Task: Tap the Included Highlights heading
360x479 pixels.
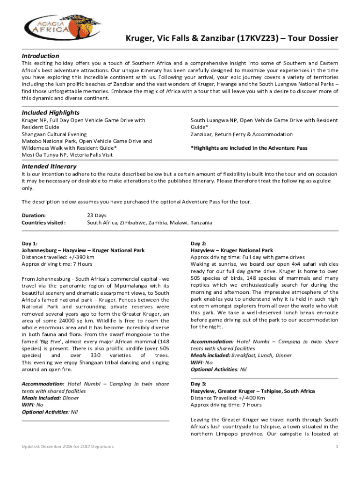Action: click(x=50, y=113)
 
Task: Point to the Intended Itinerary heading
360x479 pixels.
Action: click(x=50, y=167)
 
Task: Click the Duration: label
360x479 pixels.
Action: click(x=34, y=216)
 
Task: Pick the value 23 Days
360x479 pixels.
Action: click(x=97, y=216)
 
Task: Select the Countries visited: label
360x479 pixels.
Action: click(x=44, y=223)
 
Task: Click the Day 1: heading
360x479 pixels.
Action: click(x=30, y=244)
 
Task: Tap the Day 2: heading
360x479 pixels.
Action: click(x=199, y=244)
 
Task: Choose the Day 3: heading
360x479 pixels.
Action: click(x=199, y=384)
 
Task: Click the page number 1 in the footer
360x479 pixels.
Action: click(x=337, y=447)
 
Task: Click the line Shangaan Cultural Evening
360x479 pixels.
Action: click(x=54, y=134)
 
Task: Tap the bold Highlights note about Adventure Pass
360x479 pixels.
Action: click(x=249, y=148)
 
